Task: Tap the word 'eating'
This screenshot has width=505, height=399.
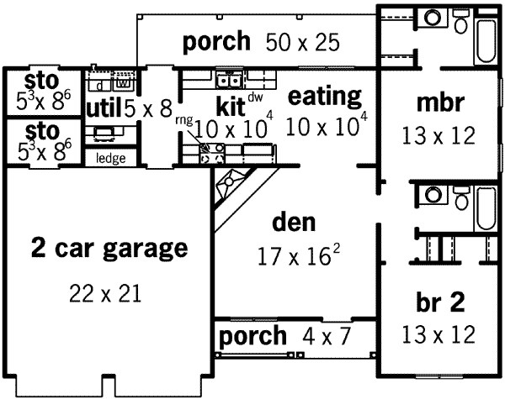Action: tap(325, 96)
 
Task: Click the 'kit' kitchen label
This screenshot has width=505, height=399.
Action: tap(230, 107)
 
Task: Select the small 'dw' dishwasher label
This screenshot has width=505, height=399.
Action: tap(255, 97)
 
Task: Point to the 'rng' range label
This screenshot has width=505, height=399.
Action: tap(184, 119)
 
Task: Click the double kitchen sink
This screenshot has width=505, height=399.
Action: tap(226, 81)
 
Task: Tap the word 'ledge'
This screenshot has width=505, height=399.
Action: tap(107, 158)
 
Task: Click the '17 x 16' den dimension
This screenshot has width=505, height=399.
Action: tap(290, 255)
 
